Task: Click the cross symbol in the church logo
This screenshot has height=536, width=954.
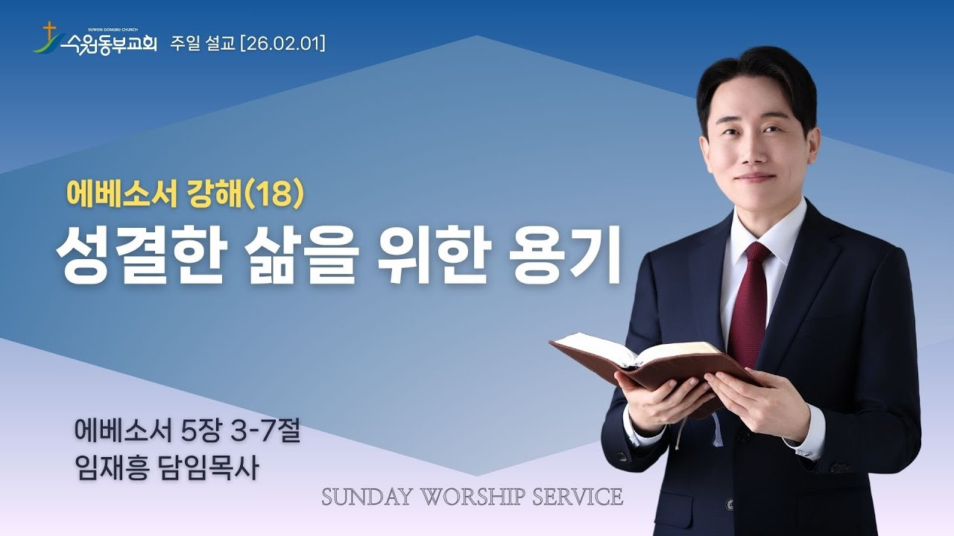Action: pyautogui.click(x=50, y=32)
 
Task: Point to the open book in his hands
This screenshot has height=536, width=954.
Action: pyautogui.click(x=656, y=361)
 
